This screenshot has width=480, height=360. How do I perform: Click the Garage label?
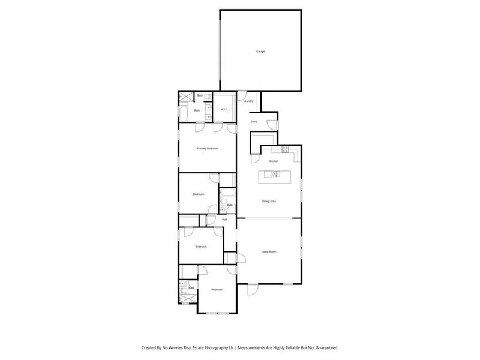click(x=260, y=52)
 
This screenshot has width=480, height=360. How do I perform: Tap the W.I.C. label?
click(x=224, y=109)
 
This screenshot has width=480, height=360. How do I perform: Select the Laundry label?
click(x=248, y=101)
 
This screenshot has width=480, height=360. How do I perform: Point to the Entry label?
click(x=254, y=122)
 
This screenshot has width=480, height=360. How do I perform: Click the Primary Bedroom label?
click(x=208, y=148)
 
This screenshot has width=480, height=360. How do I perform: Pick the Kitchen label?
click(x=274, y=161)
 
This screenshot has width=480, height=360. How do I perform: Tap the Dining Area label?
click(x=269, y=201)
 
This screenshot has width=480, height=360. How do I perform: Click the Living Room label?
click(x=268, y=251)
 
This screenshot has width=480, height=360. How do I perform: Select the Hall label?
click(x=224, y=219)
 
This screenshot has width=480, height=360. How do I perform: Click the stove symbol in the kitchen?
click(x=286, y=149)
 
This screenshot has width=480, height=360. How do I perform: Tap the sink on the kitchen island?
click(x=275, y=175)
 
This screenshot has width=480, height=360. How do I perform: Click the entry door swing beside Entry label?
click(x=273, y=124)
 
